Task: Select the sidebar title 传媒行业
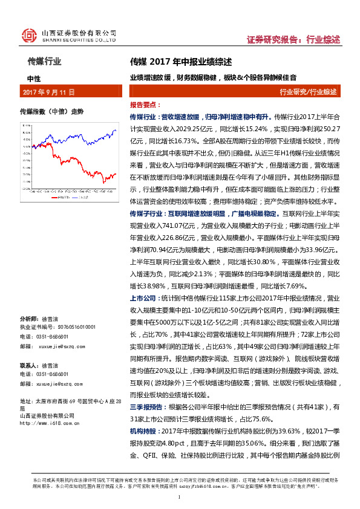(x=45, y=61)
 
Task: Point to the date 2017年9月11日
(x=48, y=92)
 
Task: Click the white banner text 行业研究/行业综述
(x=308, y=92)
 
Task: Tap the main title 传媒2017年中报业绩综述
(x=181, y=62)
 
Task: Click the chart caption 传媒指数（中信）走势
(x=52, y=112)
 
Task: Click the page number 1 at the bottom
(x=180, y=497)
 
